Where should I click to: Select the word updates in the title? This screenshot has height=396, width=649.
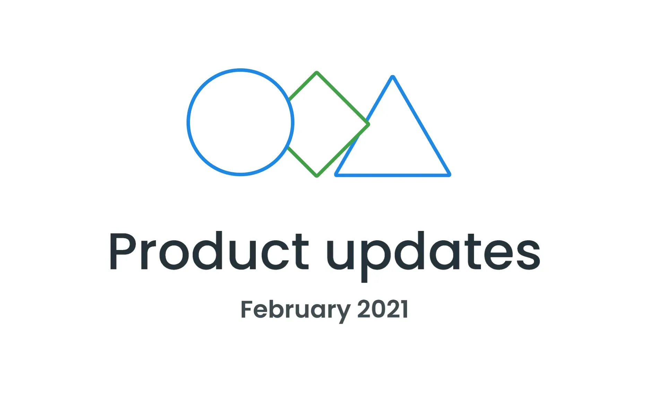(433, 252)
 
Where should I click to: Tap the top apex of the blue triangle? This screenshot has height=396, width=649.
(393, 77)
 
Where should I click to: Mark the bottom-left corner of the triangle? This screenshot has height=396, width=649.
(337, 174)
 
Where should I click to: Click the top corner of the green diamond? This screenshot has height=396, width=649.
(317, 73)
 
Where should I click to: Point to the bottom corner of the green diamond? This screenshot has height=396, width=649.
(317, 175)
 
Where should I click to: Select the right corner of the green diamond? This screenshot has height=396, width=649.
(368, 124)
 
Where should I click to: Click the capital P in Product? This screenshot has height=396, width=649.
(123, 251)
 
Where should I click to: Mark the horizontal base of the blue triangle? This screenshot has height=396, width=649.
(393, 175)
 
